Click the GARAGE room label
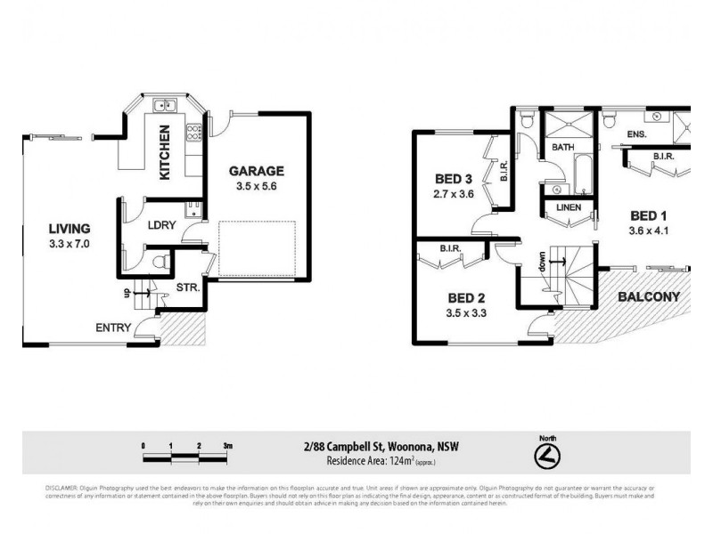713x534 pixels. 256,171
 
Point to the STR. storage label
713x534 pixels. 187,287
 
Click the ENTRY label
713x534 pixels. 113,328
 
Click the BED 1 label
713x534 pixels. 649,215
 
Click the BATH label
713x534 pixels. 562,148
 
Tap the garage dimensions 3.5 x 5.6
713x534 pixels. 256,187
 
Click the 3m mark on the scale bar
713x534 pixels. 227,445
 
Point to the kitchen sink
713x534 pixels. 165,107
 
